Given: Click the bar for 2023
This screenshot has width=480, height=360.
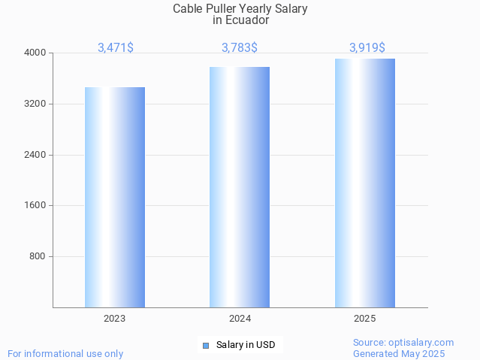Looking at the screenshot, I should pos(115,197).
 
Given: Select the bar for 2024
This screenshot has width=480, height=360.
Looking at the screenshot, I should pos(240,187).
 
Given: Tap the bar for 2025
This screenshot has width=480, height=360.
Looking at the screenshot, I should pos(365,183).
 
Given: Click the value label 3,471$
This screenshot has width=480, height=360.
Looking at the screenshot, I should pos(116,47).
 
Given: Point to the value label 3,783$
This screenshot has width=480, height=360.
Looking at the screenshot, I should pos(240,47).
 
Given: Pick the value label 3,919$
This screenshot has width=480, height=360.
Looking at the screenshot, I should pos(367,47).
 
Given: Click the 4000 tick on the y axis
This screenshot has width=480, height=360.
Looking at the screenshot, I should pos(36,53).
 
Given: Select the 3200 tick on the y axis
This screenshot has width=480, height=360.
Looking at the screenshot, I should pos(36,104).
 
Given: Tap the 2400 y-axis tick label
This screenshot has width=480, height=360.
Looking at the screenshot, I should pos(36,155).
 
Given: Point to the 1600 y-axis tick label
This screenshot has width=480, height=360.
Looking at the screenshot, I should pos(36,205).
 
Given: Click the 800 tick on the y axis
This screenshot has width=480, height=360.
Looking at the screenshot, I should pos(38,256).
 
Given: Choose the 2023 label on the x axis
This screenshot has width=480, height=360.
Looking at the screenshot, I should pos(115,319).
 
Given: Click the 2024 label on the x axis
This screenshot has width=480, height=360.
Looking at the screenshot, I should pos(240,319).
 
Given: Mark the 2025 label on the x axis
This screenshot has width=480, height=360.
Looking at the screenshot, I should pos(365,319).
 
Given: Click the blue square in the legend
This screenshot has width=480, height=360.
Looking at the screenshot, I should pos(205,346).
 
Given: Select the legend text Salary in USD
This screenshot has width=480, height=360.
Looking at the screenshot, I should pos(246,345).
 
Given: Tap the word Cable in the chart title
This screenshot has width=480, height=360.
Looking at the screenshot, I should pos(188,9).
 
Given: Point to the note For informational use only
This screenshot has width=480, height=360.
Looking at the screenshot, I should pos(65,353).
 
